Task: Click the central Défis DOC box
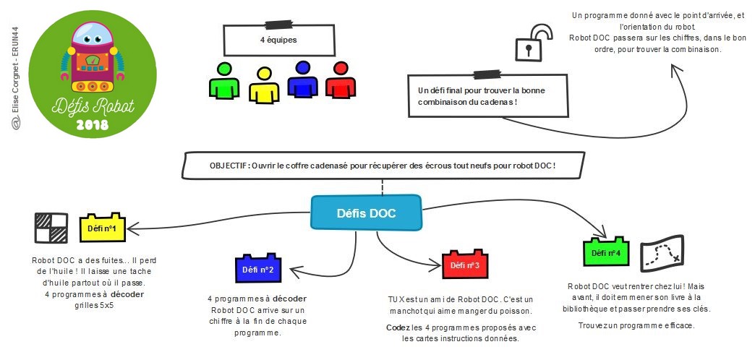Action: [366, 213]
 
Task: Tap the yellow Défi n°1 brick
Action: [101, 228]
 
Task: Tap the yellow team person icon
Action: [263, 84]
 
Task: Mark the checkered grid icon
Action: [51, 228]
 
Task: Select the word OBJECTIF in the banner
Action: [229, 165]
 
